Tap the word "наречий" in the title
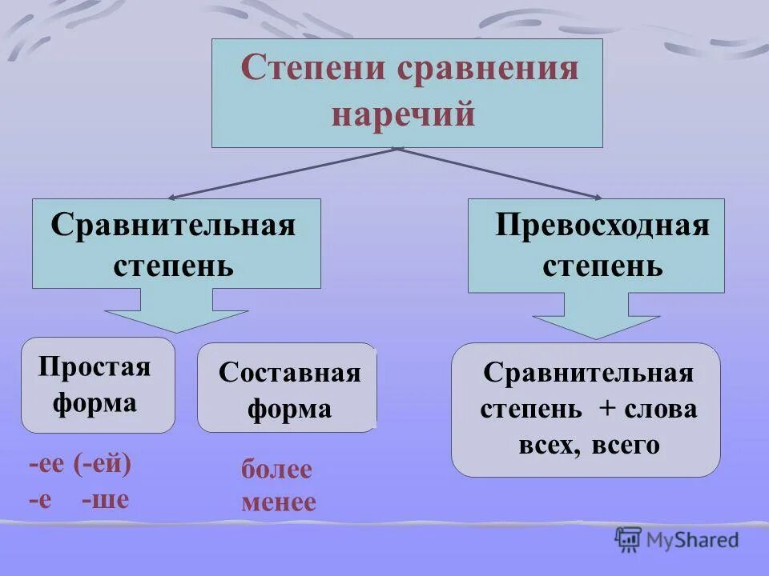[404, 114]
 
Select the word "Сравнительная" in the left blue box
[173, 225]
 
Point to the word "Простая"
[95, 367]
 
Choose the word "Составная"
[289, 373]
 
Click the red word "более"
[276, 470]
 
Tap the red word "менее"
[279, 502]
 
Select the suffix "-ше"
[105, 500]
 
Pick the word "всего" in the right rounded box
[626, 445]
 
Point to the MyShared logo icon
[628, 540]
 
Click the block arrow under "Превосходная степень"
[596, 318]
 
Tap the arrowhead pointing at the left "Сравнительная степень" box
[173, 197]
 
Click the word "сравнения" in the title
[487, 68]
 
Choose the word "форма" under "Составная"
[289, 410]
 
